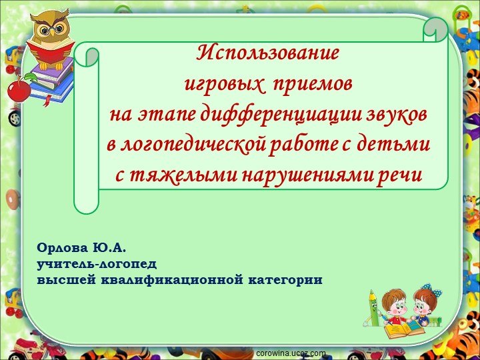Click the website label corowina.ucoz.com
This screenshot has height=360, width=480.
coord(291,353)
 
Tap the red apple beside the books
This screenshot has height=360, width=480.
coord(19,90)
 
